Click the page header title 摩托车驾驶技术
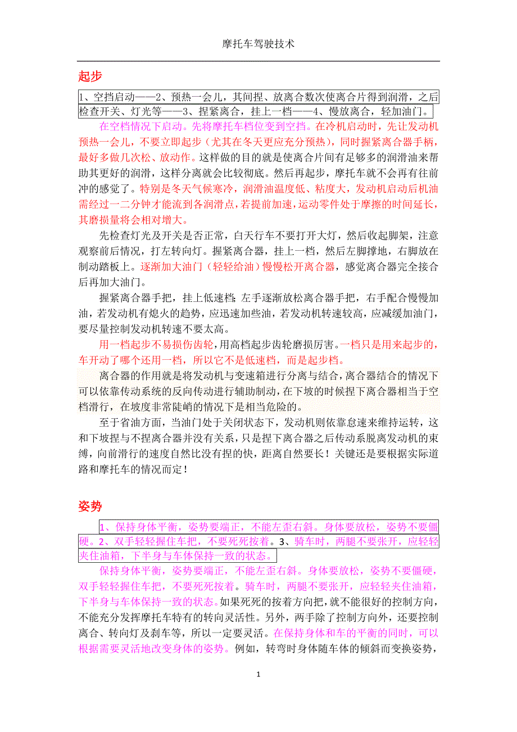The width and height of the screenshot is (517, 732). [x=258, y=43]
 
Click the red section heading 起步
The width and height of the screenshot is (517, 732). [x=90, y=76]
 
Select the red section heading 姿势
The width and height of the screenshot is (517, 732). [x=90, y=506]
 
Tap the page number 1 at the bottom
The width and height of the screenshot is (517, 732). [x=258, y=674]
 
